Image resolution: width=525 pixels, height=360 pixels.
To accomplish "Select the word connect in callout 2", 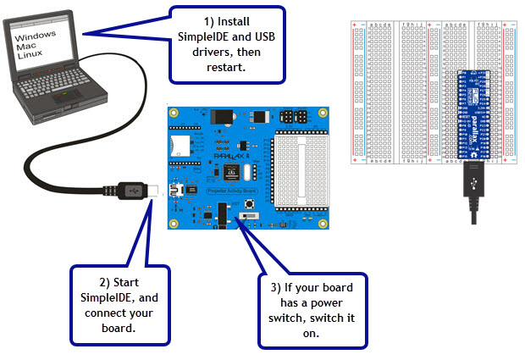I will [105, 313].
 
